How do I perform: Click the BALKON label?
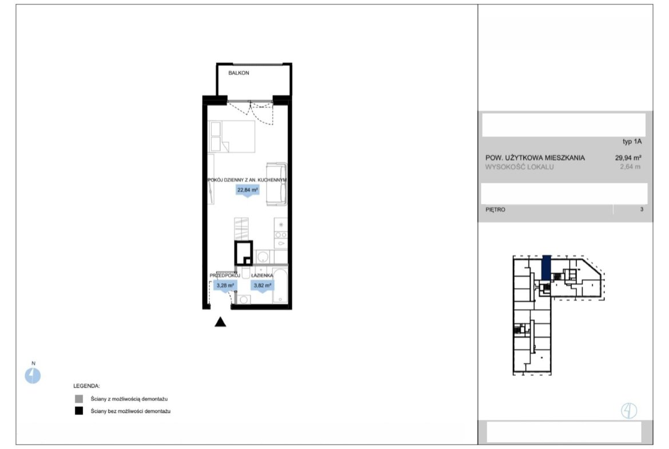coord(238,73)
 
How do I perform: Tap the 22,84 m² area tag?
coord(248,190)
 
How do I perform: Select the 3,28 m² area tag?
coord(225,286)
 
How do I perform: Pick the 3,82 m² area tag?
coord(262,286)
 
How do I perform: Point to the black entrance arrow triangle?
coord(220,322)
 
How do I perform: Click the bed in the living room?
coord(231,136)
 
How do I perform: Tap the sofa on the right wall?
coord(277,184)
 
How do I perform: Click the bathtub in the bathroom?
coord(280,285)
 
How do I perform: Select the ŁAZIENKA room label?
coord(262,276)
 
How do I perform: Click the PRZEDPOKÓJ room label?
coord(225,276)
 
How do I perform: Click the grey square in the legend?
coord(79,399)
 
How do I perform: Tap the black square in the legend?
coord(79,411)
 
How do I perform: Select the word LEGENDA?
coord(86,386)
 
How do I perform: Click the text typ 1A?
coord(632,142)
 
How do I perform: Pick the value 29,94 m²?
coord(628,157)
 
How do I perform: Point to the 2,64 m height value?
coord(630,167)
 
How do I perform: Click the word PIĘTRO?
coord(495,209)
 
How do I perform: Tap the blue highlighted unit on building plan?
coord(546,267)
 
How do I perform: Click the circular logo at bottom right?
coord(629,411)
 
